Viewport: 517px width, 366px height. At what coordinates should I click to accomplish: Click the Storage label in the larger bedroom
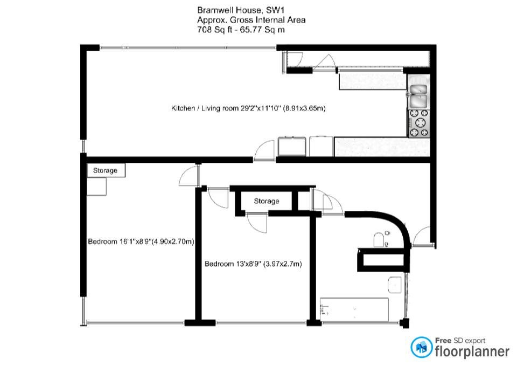[105, 170]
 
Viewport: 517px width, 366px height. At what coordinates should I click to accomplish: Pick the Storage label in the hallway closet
[267, 201]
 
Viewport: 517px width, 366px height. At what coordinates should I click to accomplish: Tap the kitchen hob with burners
[419, 123]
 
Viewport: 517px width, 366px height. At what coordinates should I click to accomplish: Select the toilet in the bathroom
[380, 239]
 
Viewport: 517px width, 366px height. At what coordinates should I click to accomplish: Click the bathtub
[354, 309]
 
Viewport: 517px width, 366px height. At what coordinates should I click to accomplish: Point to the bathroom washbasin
[395, 285]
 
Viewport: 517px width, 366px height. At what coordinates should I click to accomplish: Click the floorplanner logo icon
[421, 347]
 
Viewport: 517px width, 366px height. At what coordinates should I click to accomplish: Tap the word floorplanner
[472, 351]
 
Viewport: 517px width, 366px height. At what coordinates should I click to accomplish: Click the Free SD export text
[460, 340]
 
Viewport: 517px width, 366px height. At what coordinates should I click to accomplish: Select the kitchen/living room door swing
[264, 150]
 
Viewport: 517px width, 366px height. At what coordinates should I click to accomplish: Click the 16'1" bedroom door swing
[189, 176]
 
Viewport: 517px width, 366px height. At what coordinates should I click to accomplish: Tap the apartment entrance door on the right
[422, 236]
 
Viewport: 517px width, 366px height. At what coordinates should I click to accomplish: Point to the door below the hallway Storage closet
[256, 223]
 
